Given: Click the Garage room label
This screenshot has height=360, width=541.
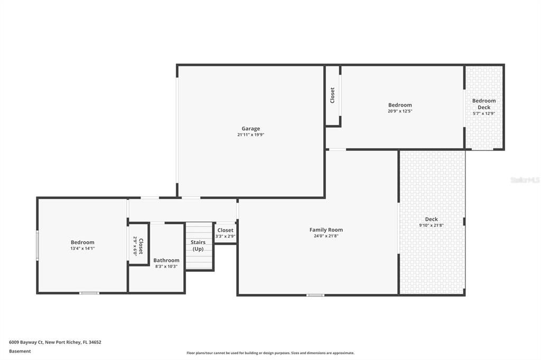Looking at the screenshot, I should point(250,128).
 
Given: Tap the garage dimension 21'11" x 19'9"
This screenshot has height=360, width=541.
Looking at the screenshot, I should point(250,135).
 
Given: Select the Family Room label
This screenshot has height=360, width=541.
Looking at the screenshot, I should point(326,230).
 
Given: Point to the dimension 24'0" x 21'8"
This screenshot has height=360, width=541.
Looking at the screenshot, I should point(326,236).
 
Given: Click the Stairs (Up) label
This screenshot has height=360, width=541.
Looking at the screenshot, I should point(198,245).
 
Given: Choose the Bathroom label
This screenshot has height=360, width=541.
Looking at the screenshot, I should point(166,260).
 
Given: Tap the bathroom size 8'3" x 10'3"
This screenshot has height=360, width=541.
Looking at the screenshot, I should point(166,267).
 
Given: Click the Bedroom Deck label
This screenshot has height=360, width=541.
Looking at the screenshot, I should point(484,104).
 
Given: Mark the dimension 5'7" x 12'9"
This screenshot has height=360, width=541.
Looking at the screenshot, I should point(484,113).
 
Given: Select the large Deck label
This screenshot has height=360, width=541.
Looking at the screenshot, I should point(431,219).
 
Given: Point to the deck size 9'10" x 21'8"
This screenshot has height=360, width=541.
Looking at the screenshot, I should point(431,225).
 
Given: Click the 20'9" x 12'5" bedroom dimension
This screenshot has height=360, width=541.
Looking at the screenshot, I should point(399,111).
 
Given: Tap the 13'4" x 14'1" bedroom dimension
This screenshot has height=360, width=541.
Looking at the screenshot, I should point(82,249).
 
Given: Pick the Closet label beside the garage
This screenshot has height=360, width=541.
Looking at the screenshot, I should point(332,95).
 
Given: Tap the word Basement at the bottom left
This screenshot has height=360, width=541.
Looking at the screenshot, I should point(20,351).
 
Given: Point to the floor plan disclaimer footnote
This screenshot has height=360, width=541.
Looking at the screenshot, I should point(270,353).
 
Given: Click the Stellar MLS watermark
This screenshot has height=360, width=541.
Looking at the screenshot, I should point(525,180).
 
